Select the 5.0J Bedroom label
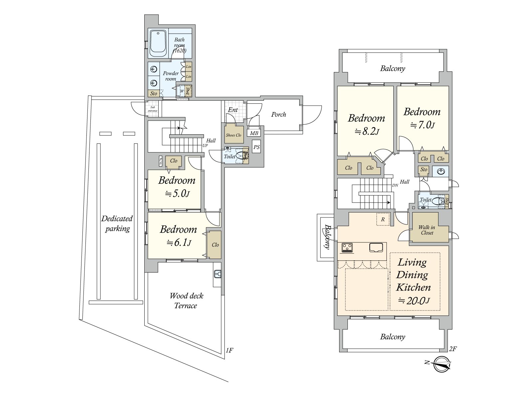click(177, 187)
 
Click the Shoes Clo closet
click(233, 135)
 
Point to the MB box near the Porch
click(254, 133)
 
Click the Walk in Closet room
click(427, 230)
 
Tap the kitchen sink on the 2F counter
click(376, 248)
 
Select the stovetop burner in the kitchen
click(347, 248)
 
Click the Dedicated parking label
click(117, 223)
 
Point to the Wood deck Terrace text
click(186, 301)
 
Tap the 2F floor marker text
click(453, 349)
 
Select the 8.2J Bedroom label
click(366, 124)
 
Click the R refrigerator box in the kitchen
click(383, 219)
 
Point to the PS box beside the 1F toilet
click(256, 147)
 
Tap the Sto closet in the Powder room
click(154, 93)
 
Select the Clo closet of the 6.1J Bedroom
click(215, 245)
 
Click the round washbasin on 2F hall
click(441, 172)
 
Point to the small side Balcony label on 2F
click(327, 237)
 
